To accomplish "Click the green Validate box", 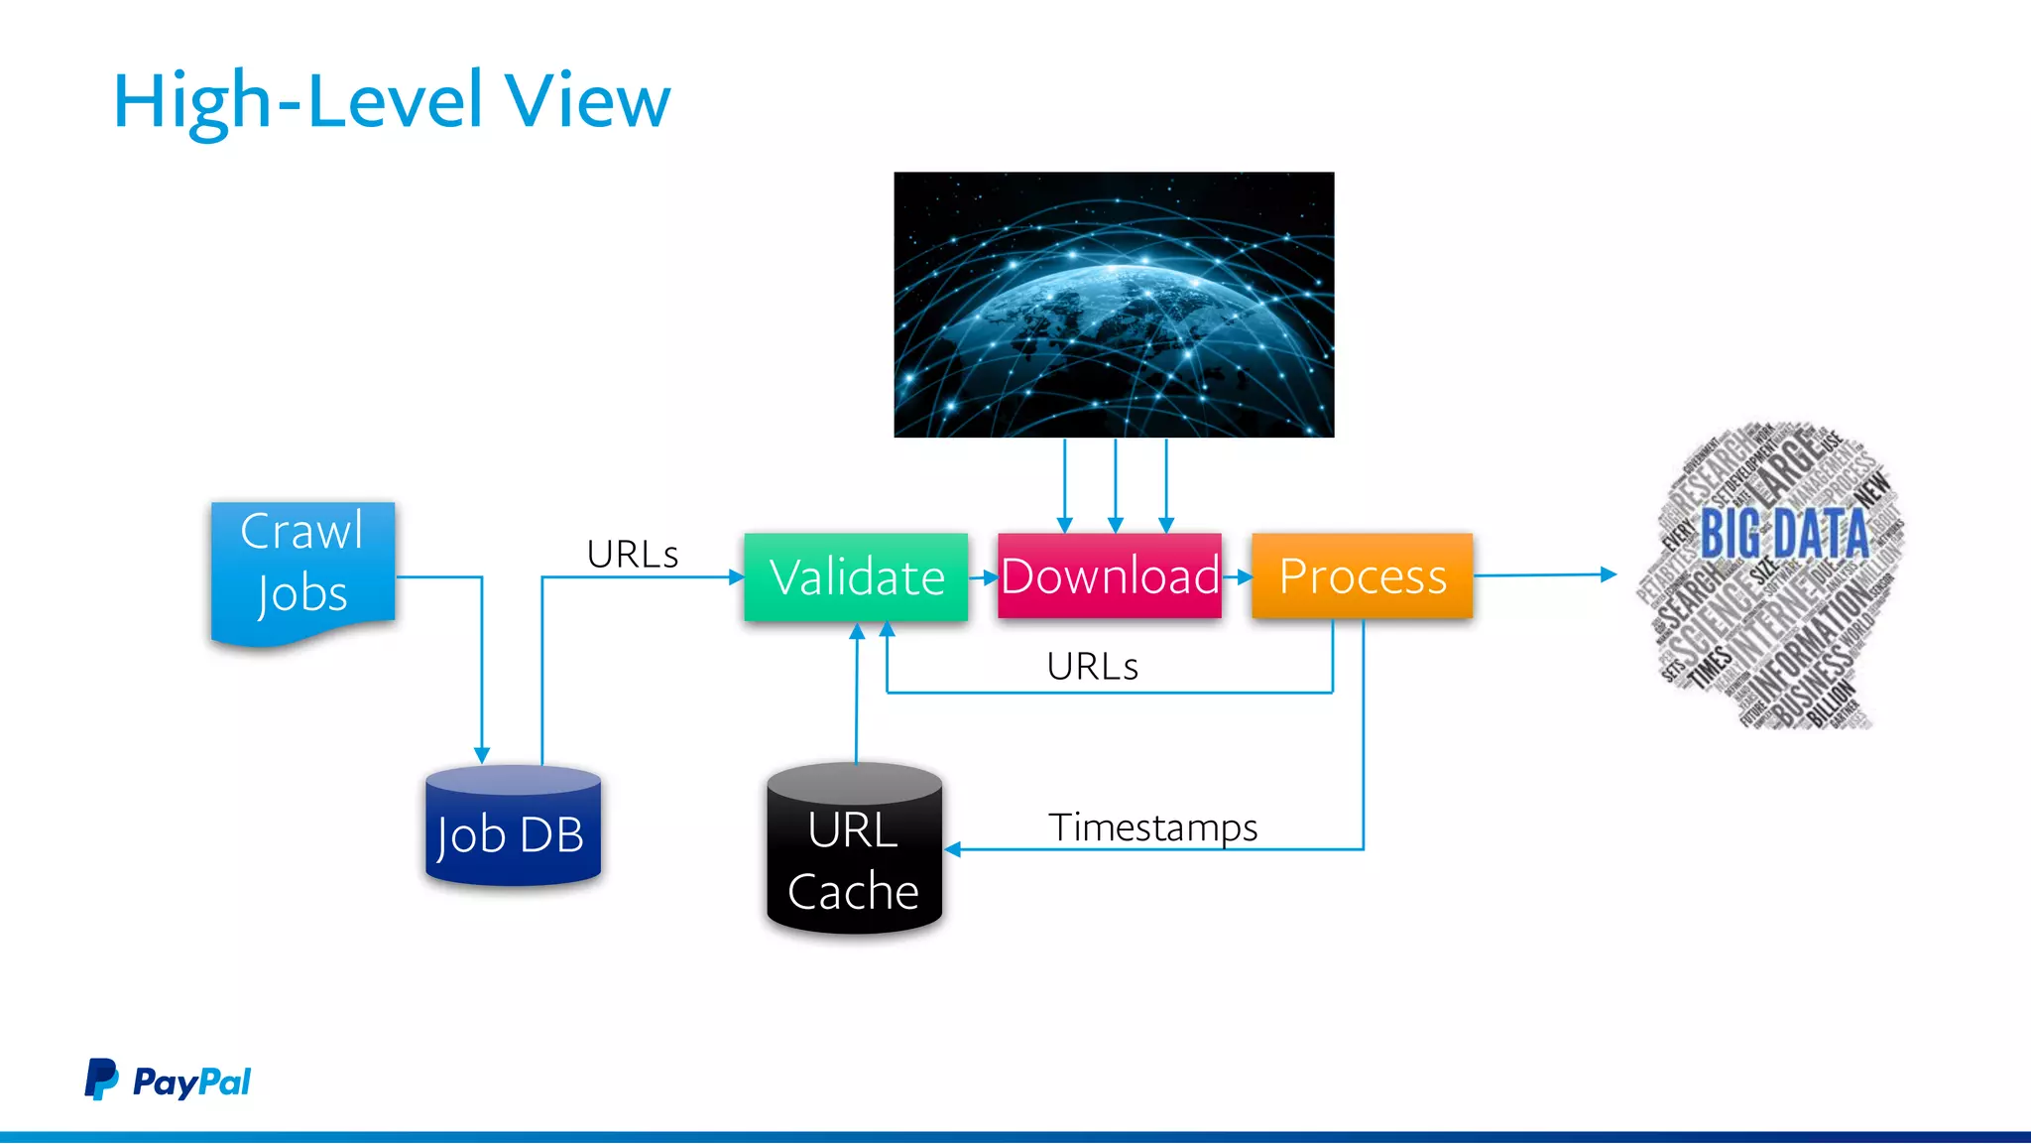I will tap(856, 576).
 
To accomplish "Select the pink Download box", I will tap(1109, 575).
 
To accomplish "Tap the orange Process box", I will tap(1362, 575).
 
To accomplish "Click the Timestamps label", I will tap(1152, 826).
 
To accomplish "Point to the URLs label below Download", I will tap(1092, 666).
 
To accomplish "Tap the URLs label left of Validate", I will tap(632, 554).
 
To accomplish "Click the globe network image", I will tap(1114, 305).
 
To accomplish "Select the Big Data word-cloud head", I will tap(1770, 575).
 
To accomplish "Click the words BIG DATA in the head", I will tap(1783, 534).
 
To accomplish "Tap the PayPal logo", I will tap(168, 1080).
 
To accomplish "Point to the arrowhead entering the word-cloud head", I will tap(1609, 573).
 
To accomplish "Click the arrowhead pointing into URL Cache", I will tap(953, 849).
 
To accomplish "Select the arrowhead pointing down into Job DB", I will tap(482, 755).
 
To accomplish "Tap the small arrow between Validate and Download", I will tap(988, 576).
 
